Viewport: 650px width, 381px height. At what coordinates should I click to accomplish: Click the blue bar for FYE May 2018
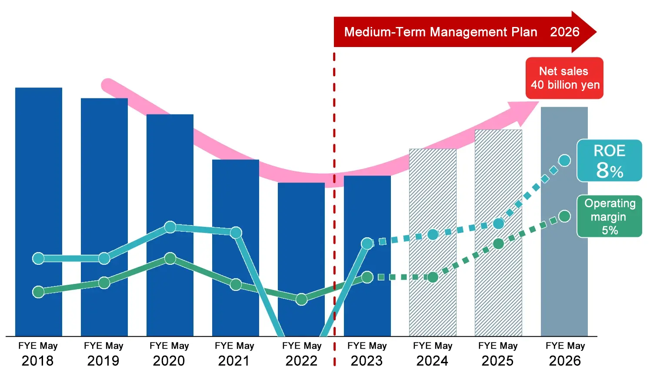click(39, 174)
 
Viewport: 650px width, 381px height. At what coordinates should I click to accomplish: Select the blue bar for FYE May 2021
click(235, 196)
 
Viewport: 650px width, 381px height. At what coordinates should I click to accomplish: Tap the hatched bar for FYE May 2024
click(433, 196)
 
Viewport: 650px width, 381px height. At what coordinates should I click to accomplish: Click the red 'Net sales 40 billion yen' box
click(564, 78)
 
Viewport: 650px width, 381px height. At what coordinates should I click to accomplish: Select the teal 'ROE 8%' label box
click(609, 160)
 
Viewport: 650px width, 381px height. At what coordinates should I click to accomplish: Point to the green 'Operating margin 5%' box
click(609, 216)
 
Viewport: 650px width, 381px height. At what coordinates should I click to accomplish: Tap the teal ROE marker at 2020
click(170, 227)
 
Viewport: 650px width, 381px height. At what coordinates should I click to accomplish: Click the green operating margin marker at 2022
click(301, 299)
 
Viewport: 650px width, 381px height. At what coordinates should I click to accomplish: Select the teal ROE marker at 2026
click(564, 160)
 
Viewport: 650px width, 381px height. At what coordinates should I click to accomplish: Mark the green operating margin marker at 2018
click(38, 292)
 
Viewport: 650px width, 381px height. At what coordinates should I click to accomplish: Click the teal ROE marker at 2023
click(367, 243)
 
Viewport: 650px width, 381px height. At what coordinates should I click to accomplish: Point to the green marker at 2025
click(499, 243)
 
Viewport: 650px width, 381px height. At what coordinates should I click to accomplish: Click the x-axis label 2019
click(103, 361)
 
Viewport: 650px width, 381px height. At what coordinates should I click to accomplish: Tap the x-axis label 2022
click(301, 361)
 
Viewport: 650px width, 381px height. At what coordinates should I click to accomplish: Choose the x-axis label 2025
click(497, 361)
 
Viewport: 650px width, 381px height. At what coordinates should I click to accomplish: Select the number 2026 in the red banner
click(564, 32)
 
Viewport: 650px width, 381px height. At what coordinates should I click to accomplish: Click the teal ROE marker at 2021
click(236, 233)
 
